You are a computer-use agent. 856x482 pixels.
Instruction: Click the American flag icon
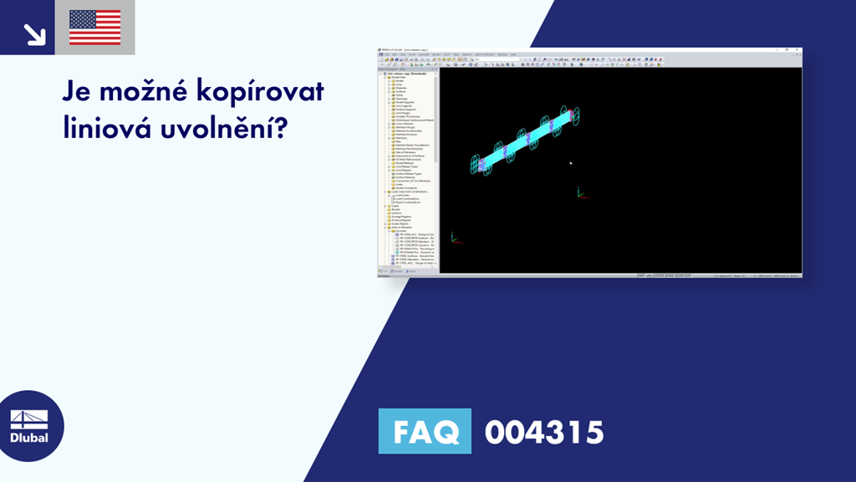(x=94, y=28)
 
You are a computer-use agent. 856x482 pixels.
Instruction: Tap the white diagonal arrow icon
(x=34, y=33)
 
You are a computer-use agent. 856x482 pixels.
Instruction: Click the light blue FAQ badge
(x=425, y=432)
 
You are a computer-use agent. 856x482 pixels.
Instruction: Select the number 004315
(x=543, y=432)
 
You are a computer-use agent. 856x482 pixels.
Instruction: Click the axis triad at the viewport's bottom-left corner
(x=453, y=238)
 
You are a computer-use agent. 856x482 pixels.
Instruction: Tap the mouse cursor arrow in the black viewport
(x=571, y=162)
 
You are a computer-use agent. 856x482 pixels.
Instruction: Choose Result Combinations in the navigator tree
(x=408, y=203)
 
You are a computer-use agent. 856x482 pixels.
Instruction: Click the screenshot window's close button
(x=798, y=50)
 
